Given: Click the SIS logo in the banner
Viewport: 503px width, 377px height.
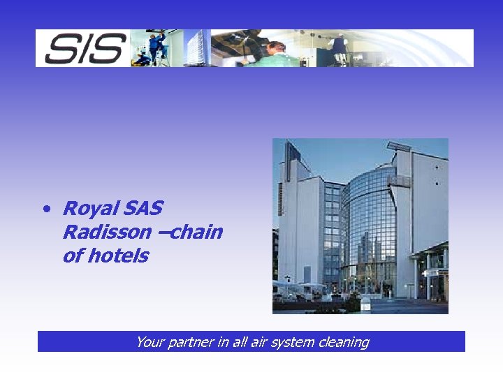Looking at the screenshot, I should [82, 49].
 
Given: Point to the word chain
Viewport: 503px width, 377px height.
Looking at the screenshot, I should [196, 232].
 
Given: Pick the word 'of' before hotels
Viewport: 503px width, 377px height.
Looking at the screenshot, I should [73, 256].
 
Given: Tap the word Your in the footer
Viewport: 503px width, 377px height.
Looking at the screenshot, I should [150, 342].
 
